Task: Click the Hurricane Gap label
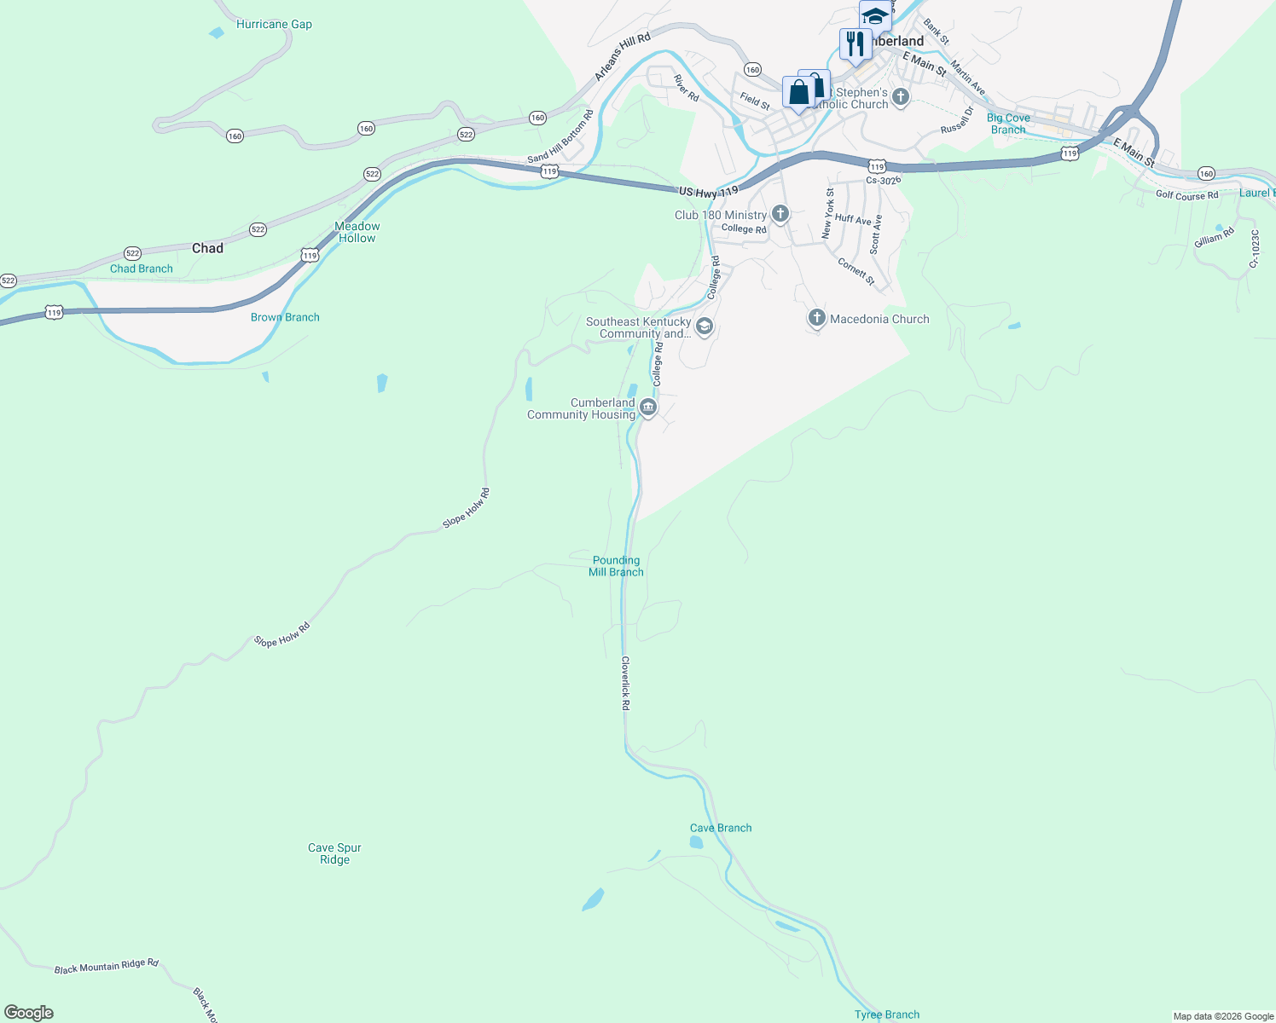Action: [x=274, y=24]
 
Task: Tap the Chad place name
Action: [x=207, y=248]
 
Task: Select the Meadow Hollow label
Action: [x=357, y=232]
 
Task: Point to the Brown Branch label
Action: [x=285, y=317]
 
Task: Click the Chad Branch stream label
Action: [x=142, y=269]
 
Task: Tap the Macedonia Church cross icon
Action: [x=816, y=319]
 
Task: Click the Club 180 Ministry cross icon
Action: [x=780, y=214]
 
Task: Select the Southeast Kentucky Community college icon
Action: [x=704, y=327]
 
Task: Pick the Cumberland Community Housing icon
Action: [x=648, y=408]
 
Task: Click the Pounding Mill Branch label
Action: [x=616, y=566]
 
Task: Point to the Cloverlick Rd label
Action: [x=625, y=683]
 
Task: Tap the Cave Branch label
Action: [x=721, y=828]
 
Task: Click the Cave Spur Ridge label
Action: [x=334, y=853]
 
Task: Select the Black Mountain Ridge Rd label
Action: [x=107, y=967]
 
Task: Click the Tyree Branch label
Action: [x=887, y=1014]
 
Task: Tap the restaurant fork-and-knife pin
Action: [x=855, y=44]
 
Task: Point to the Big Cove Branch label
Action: [x=1008, y=124]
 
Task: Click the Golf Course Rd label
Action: [x=1186, y=195]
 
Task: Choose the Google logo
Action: [x=29, y=1013]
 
